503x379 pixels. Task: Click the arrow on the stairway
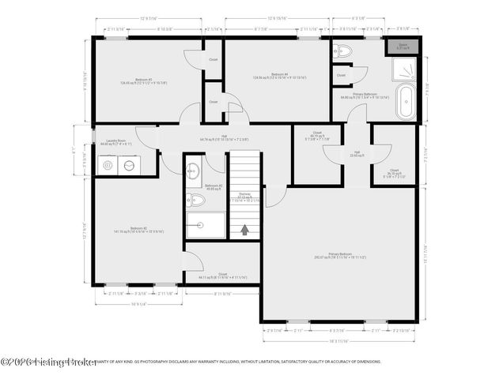tap(245, 229)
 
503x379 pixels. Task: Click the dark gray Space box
tap(403, 47)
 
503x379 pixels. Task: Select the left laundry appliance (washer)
tap(108, 165)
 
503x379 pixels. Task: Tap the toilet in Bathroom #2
tap(197, 201)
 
